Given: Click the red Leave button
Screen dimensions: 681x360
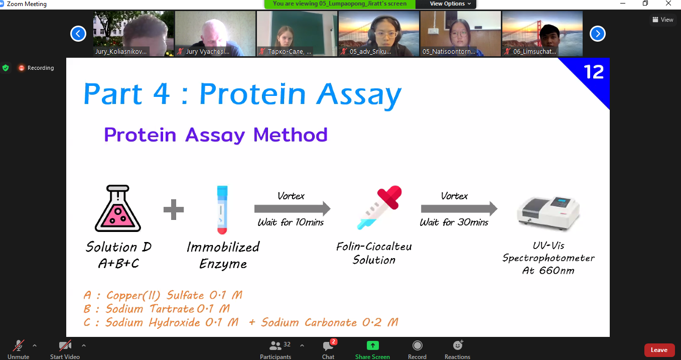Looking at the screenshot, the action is [659, 350].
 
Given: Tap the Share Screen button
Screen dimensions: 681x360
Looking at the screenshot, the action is [372, 346].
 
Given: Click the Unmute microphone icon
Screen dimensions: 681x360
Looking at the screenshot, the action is [18, 346].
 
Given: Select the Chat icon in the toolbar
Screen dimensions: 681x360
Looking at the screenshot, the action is [328, 346].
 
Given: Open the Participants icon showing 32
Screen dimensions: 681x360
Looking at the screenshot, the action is [276, 345].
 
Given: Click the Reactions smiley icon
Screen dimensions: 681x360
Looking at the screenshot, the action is [458, 345].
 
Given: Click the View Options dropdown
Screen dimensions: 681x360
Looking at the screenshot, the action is [450, 4].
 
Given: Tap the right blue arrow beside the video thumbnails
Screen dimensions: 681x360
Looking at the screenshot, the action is [598, 34].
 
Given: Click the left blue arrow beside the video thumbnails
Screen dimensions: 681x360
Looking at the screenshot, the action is [78, 34].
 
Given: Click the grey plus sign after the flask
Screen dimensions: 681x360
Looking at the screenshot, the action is [174, 209].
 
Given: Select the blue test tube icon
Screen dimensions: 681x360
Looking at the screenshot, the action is [222, 210].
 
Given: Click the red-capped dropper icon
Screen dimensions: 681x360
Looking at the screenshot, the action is [379, 207].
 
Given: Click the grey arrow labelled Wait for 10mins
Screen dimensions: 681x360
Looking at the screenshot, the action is [293, 209].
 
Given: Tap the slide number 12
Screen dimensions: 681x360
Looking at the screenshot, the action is [594, 72].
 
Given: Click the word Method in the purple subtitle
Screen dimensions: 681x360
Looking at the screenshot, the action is [291, 135].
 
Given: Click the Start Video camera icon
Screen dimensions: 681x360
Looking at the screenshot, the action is [65, 346].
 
